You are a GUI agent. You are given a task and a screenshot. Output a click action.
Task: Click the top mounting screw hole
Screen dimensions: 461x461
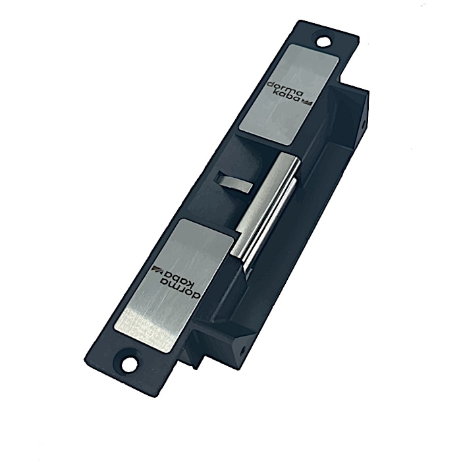click(x=323, y=41)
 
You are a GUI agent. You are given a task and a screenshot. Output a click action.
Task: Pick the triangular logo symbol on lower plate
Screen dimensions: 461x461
click(x=156, y=269)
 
